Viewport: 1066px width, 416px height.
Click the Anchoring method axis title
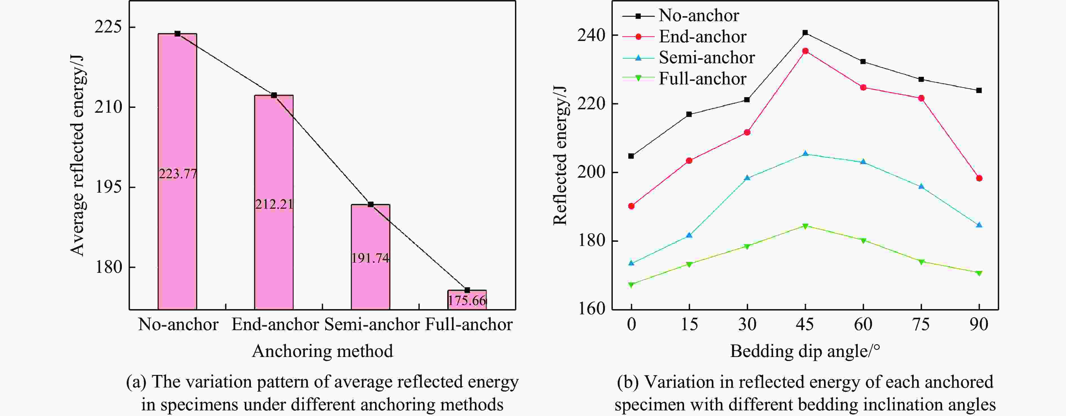pyautogui.click(x=322, y=351)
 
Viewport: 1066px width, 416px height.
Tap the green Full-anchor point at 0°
pyautogui.click(x=631, y=285)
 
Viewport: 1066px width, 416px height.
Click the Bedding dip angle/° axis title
pyautogui.click(x=805, y=351)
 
